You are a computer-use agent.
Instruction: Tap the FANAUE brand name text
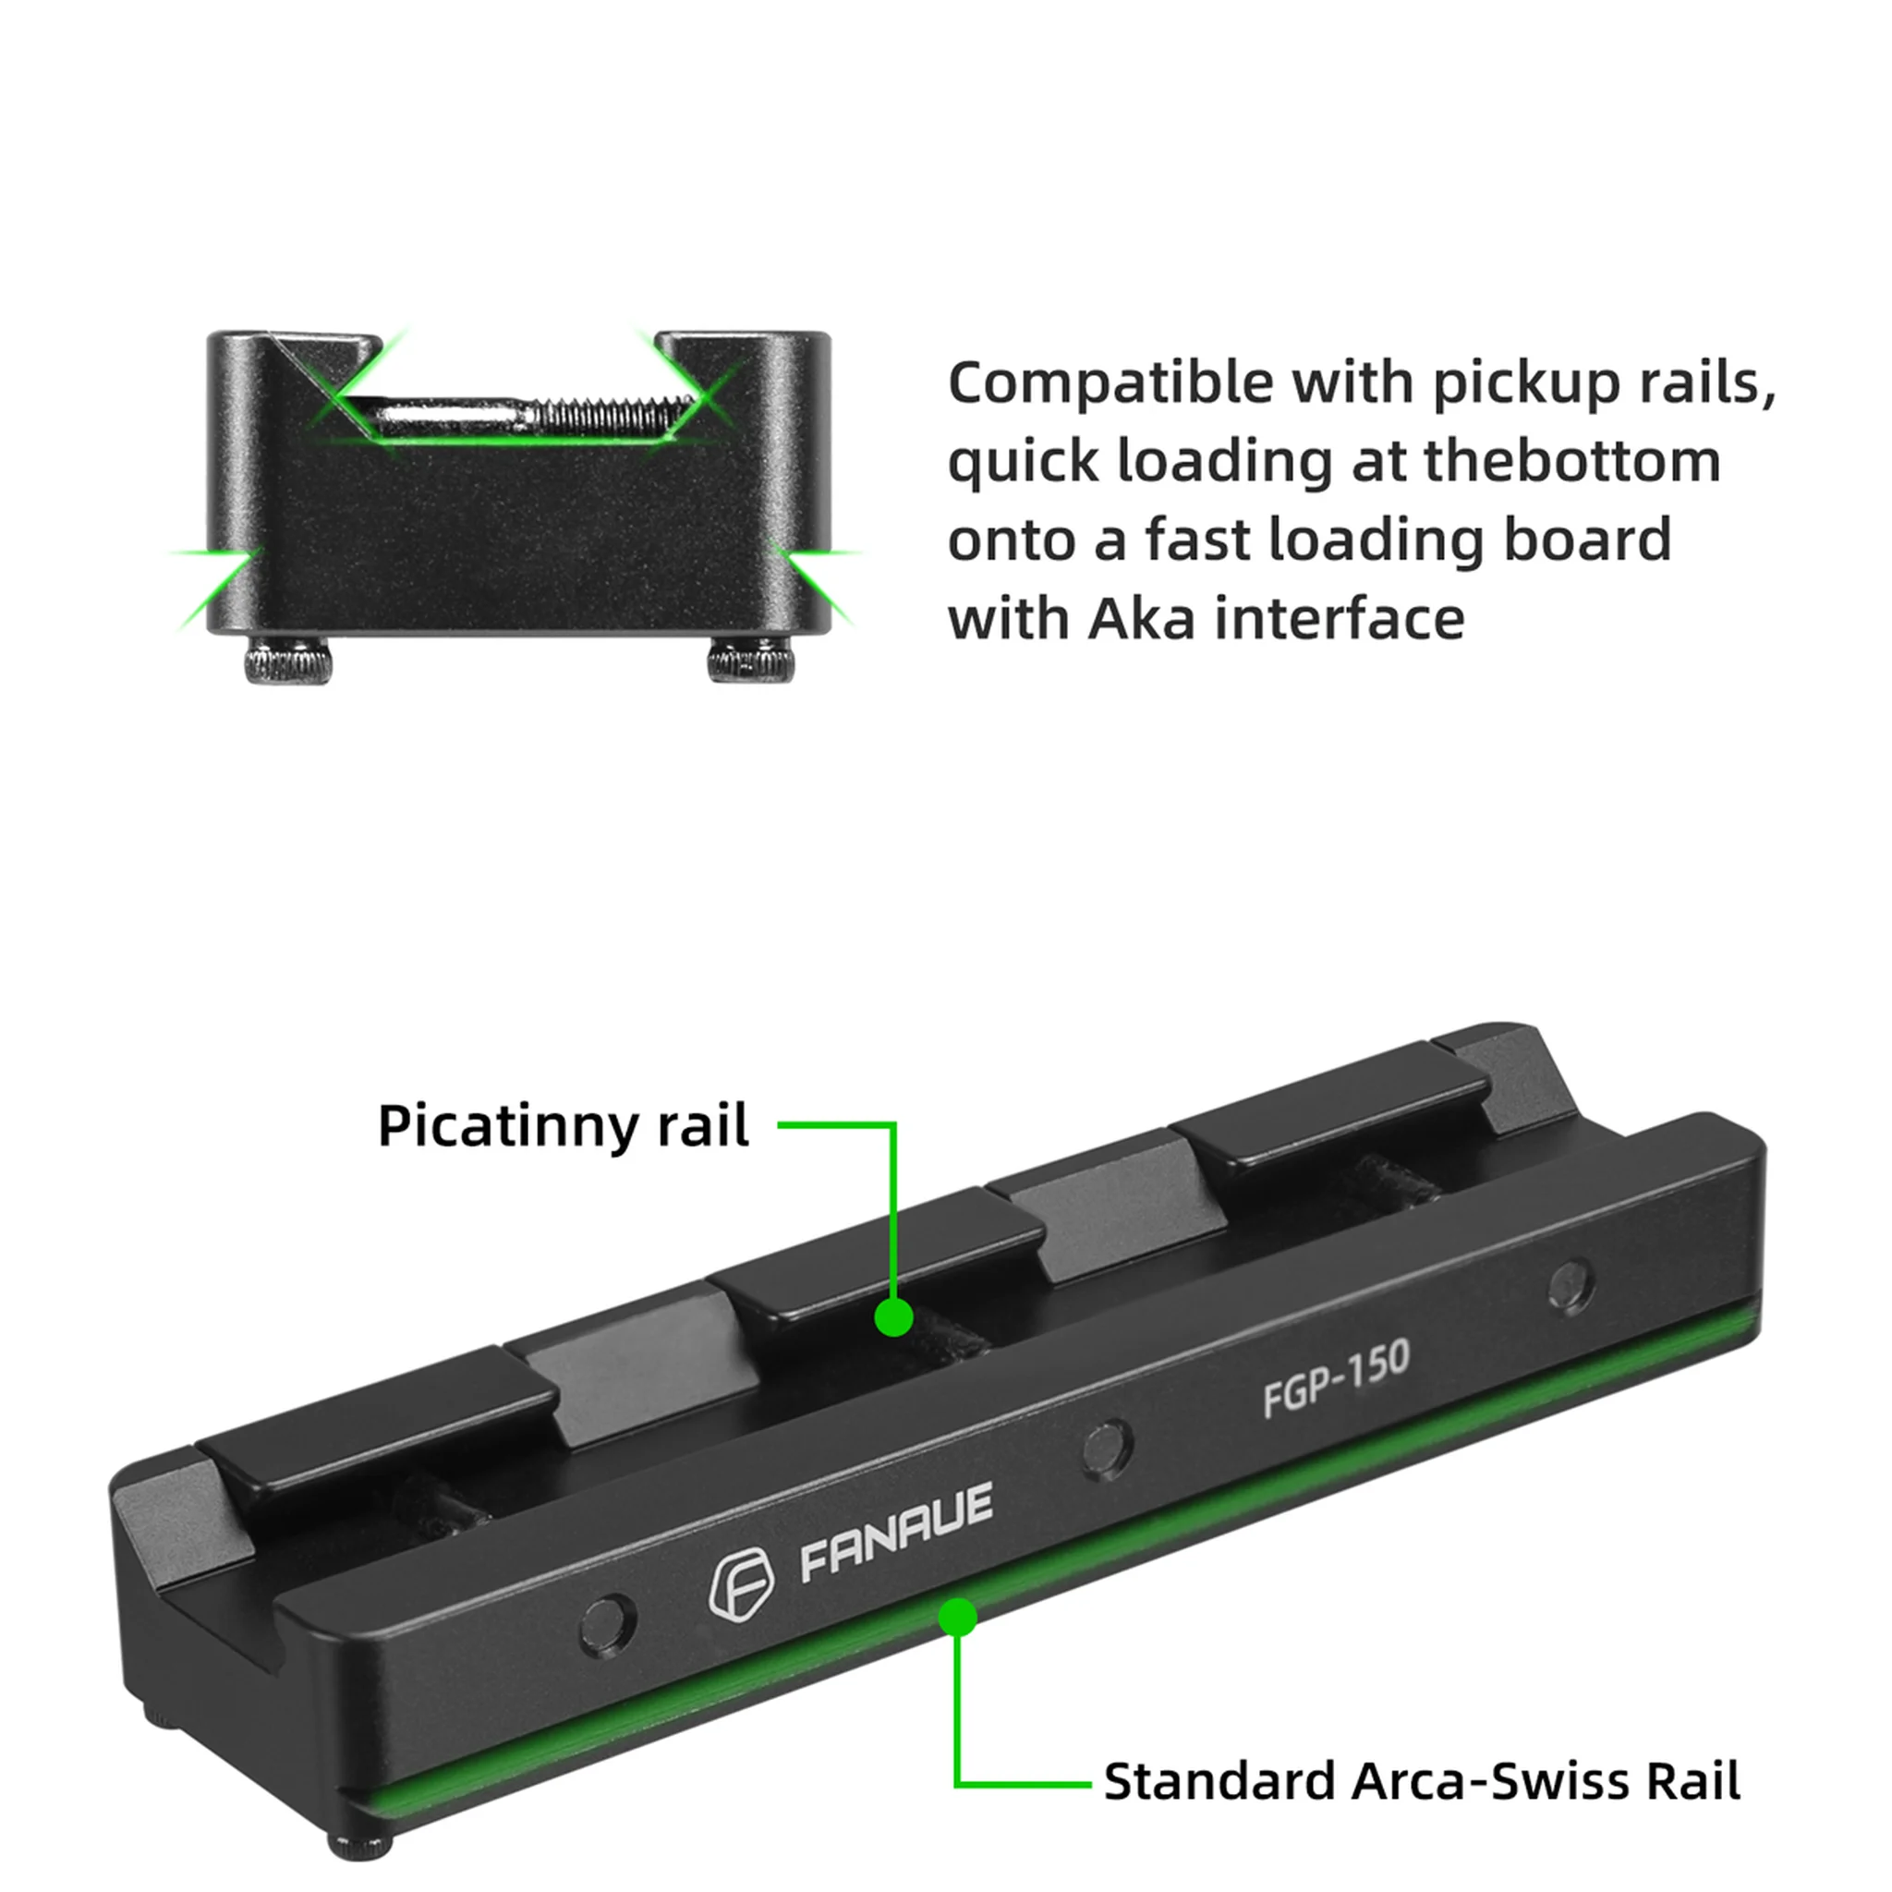coord(897,1533)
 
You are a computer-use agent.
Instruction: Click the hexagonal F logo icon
coord(740,1585)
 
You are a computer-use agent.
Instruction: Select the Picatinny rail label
coord(564,1125)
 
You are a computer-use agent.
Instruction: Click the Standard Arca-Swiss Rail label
coord(1421,1781)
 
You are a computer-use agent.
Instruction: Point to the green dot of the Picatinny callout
coord(893,1317)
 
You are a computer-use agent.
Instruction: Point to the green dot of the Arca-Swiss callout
coord(958,1617)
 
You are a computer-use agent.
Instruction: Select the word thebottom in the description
coord(1571,461)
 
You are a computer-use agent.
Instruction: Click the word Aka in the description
coord(1142,619)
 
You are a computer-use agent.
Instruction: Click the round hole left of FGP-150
coord(1108,1449)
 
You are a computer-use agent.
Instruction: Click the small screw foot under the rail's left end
coord(361,1846)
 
